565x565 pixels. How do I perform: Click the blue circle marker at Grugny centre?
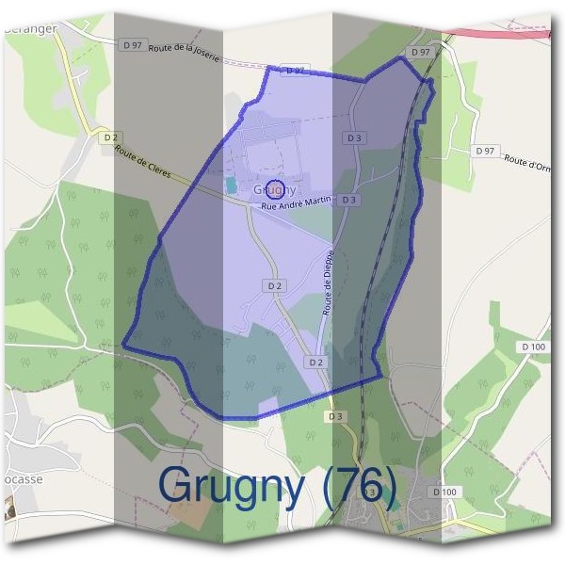coord(274,189)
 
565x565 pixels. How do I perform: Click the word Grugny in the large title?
coord(232,484)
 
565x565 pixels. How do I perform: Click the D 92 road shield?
coord(295,71)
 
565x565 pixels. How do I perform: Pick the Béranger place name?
coord(30,28)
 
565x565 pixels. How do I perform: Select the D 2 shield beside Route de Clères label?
coord(110,137)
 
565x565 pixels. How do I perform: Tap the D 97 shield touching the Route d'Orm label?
coord(486,151)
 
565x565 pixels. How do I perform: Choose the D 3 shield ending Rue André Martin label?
coord(349,200)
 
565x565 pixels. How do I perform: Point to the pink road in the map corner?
coord(508,30)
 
